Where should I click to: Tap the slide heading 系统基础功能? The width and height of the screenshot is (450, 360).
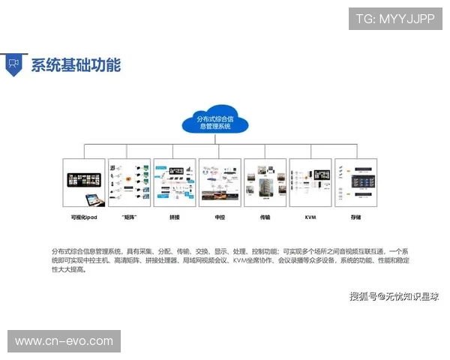point(75,64)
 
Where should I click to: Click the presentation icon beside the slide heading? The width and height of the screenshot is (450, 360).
point(13,64)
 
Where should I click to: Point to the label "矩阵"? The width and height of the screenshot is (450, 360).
point(129,217)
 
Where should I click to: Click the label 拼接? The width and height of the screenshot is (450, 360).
point(175,217)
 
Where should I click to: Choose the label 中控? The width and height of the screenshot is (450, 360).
point(220,217)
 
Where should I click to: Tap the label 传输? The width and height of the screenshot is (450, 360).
point(265,217)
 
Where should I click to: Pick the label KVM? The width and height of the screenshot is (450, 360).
point(310,217)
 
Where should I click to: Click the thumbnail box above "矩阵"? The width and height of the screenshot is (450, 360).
point(129,183)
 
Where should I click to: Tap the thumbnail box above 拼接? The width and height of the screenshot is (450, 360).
point(174,183)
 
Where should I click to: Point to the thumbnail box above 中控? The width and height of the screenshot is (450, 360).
point(220,183)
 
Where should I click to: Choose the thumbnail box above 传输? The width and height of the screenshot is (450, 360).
point(265,183)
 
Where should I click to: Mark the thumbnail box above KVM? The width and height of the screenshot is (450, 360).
point(310,183)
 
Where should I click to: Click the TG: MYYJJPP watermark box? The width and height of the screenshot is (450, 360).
point(395,19)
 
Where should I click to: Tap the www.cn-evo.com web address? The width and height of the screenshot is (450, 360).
point(64,341)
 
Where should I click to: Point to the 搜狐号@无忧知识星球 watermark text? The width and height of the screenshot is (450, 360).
point(394,296)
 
